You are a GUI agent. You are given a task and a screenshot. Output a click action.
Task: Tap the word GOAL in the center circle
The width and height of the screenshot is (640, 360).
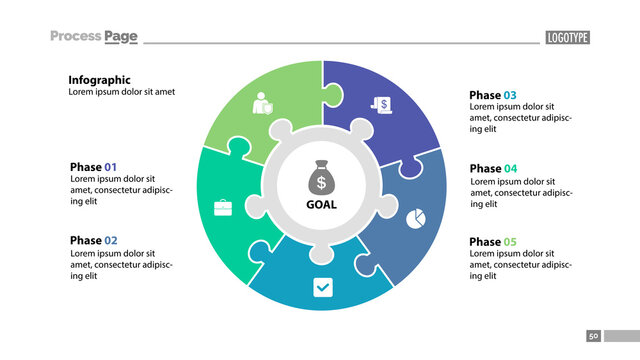(x=320, y=205)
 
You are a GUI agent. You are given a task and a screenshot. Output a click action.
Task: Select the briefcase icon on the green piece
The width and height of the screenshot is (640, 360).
(x=222, y=208)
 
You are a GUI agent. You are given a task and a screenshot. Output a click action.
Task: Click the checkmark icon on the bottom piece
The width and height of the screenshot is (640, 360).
(x=322, y=288)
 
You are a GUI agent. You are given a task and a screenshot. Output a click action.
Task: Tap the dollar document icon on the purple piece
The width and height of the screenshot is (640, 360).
(x=381, y=103)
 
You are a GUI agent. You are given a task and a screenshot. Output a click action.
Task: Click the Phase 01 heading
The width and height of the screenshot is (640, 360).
(x=93, y=167)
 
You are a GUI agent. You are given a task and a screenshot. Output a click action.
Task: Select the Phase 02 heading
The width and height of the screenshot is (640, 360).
(x=93, y=241)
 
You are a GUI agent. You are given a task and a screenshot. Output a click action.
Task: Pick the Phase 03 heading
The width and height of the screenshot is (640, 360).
(x=493, y=96)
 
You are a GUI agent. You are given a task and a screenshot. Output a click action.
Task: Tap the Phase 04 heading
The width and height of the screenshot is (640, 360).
(x=493, y=169)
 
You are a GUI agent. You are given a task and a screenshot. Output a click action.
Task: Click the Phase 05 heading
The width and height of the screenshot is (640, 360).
(x=493, y=242)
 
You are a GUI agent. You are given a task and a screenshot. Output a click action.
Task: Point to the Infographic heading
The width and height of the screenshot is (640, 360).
(x=99, y=80)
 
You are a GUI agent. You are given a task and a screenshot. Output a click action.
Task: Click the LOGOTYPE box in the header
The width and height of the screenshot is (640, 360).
(x=567, y=38)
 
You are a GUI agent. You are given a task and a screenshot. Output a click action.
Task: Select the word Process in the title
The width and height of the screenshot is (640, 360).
(x=76, y=37)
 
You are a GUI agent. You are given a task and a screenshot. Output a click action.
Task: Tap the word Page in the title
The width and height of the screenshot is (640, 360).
(x=121, y=37)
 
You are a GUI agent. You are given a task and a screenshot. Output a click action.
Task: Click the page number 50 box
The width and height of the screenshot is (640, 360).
(x=593, y=336)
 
